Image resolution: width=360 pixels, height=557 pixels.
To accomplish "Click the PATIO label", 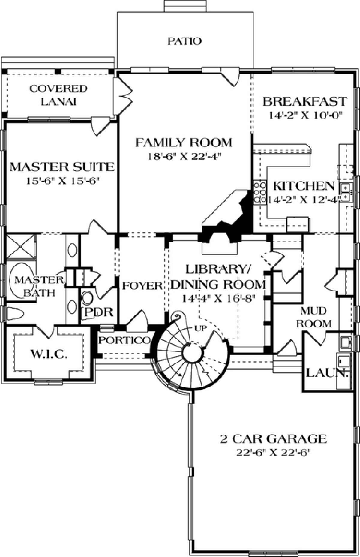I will (x=184, y=41).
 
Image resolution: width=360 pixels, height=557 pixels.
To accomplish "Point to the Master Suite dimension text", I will (x=62, y=181).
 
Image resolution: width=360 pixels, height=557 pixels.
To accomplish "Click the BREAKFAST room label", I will (x=305, y=101).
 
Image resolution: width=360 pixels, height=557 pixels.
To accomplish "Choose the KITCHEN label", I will (x=304, y=186).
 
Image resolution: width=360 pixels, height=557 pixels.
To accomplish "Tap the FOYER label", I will (x=142, y=285).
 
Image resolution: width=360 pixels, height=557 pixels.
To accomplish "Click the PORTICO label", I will (x=124, y=340).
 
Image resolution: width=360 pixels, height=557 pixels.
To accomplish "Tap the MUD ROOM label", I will (x=314, y=317).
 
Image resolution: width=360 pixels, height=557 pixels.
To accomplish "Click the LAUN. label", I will (x=327, y=373).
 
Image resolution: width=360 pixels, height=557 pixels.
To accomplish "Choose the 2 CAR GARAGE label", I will (x=273, y=439).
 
